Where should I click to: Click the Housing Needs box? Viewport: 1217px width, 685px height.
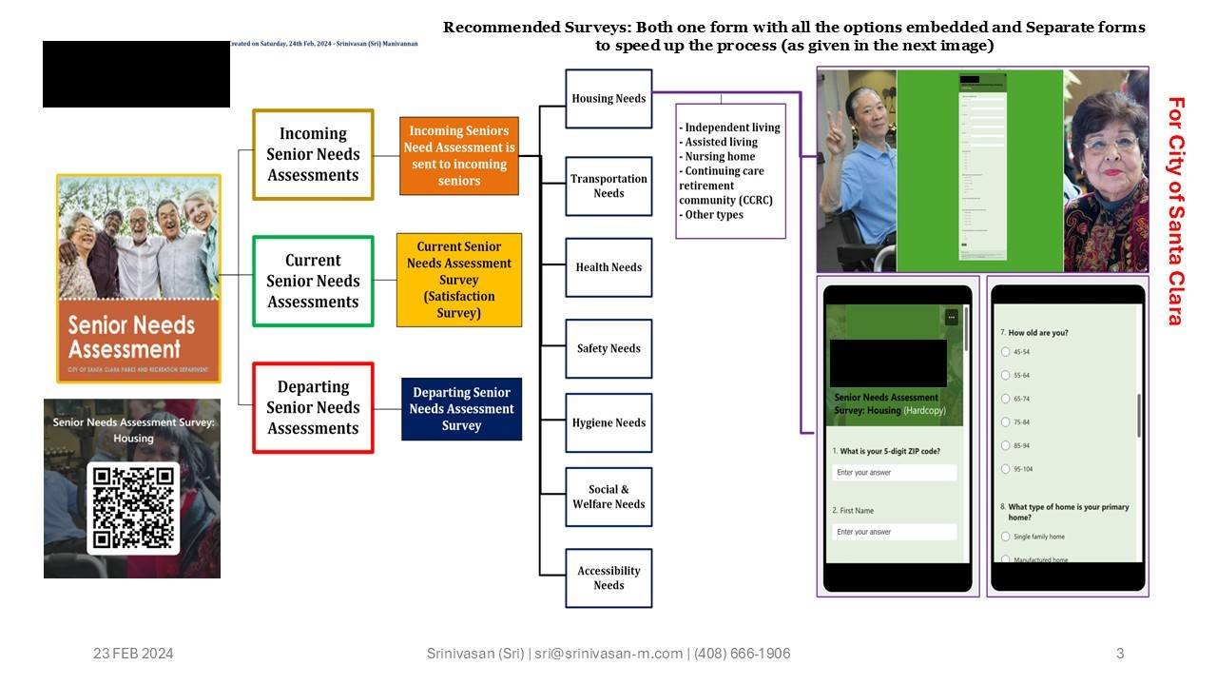(608, 99)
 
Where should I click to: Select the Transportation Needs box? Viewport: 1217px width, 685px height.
(608, 186)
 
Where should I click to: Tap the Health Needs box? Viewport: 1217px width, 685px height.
(608, 267)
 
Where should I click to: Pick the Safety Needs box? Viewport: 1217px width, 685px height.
(608, 348)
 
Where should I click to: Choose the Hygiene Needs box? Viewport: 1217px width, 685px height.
(608, 422)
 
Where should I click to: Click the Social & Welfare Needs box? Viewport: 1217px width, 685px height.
(608, 497)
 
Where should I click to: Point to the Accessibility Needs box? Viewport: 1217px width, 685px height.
(608, 577)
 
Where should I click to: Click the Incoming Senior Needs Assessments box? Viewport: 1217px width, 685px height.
(313, 154)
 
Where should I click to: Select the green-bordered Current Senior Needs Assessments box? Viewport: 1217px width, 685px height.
(313, 281)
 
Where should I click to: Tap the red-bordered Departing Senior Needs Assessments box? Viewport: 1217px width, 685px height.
(313, 407)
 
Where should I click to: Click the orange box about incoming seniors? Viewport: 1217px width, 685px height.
(459, 155)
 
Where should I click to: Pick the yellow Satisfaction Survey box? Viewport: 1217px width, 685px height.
(459, 280)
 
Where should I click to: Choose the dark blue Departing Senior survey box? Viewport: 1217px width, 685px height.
(461, 409)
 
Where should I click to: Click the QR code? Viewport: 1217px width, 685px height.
(133, 508)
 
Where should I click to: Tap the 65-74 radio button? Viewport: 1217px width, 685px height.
(1006, 399)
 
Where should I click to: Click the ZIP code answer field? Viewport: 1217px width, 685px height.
(894, 473)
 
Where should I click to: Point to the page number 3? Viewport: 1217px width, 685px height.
(1120, 654)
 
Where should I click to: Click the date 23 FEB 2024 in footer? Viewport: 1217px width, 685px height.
(133, 654)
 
